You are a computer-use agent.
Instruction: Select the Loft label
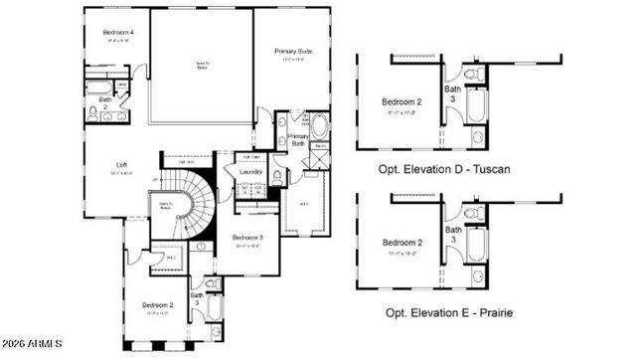[x=121, y=164]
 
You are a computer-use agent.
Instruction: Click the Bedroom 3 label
[x=247, y=238]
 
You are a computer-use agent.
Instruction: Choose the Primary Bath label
[x=298, y=140]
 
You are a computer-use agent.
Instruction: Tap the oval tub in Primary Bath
[x=320, y=127]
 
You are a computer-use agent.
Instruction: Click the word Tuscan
[x=489, y=170]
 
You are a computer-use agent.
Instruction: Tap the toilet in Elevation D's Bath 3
[x=473, y=75]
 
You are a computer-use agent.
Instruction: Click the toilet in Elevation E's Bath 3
[x=473, y=213]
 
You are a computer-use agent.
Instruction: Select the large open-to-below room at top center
[x=202, y=66]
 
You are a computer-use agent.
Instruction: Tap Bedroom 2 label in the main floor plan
[x=158, y=304]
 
